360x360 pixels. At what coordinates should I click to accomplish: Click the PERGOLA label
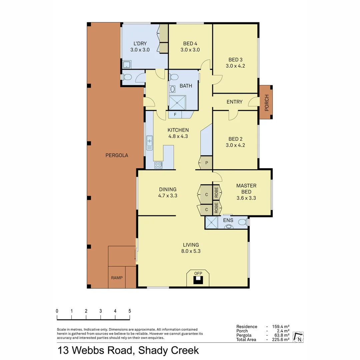(117, 155)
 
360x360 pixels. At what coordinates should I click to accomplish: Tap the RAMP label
(117, 277)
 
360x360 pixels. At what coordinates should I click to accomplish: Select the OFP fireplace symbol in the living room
(198, 278)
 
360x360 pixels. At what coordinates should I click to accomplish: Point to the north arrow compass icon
(299, 337)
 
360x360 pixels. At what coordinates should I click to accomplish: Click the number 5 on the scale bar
(129, 311)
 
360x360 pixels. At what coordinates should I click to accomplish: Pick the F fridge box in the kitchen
(175, 115)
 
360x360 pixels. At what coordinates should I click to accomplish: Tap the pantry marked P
(206, 163)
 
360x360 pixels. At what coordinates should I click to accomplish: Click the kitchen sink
(149, 142)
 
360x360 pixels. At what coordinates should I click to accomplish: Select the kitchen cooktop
(158, 165)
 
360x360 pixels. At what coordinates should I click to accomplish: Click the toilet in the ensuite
(242, 222)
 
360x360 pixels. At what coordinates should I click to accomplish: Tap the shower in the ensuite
(211, 223)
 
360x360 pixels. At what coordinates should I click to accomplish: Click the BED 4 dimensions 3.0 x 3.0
(190, 50)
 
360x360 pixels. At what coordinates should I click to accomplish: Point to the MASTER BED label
(246, 189)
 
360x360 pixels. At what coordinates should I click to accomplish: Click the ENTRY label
(234, 102)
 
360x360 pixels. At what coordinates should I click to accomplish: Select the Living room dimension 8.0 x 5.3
(190, 251)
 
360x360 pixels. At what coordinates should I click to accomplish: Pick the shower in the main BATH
(177, 102)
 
